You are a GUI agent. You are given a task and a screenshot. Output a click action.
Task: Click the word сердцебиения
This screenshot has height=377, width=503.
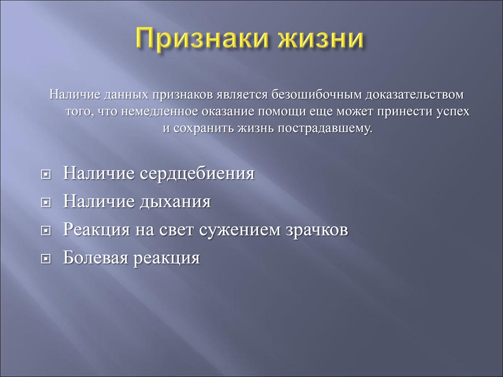(197, 174)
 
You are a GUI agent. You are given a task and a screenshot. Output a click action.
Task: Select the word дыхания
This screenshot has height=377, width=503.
(175, 202)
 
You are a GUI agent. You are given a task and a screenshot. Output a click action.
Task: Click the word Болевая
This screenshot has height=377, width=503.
(95, 258)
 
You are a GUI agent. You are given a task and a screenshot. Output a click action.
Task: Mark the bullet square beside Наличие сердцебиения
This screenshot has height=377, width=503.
(46, 175)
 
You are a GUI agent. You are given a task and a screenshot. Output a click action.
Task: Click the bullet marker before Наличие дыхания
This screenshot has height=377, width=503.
(46, 202)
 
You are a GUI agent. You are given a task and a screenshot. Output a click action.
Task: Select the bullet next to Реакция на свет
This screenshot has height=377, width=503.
(46, 231)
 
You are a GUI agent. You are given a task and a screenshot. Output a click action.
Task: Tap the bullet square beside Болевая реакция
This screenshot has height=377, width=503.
(46, 259)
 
